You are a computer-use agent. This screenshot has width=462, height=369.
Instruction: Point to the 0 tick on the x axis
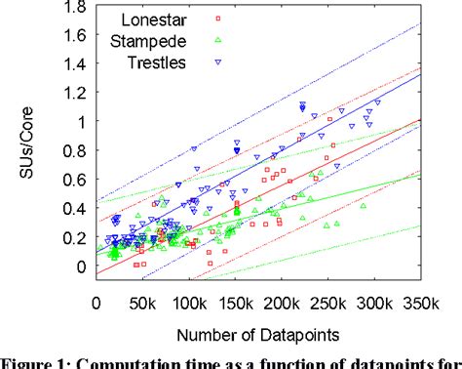(x=96, y=304)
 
